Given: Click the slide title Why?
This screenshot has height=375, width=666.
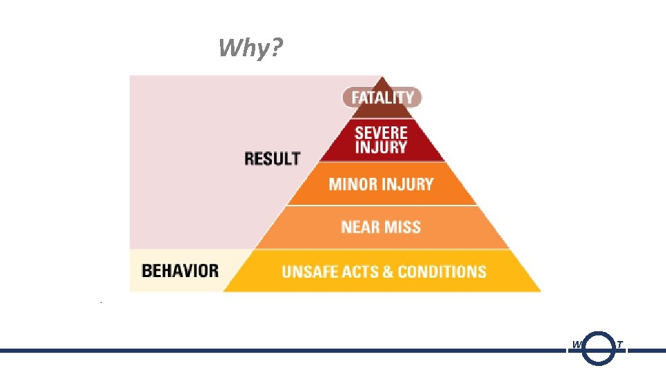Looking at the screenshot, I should click(x=250, y=49).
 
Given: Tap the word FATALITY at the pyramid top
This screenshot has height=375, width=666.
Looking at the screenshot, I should click(x=382, y=98).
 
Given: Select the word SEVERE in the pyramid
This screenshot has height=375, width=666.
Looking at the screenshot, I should click(x=381, y=132).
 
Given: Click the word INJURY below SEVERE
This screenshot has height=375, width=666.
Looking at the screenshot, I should click(x=381, y=147).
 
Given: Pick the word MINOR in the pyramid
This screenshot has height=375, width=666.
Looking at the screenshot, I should click(x=352, y=185).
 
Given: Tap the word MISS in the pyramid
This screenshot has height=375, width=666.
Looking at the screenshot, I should click(x=402, y=227).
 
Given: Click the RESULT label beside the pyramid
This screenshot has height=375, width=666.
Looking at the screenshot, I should click(x=272, y=158).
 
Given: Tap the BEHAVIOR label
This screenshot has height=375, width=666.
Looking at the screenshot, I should click(x=180, y=271).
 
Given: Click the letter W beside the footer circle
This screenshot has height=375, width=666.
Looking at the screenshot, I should click(x=577, y=345).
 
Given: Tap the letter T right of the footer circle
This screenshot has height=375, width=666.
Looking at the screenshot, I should click(x=620, y=345).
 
